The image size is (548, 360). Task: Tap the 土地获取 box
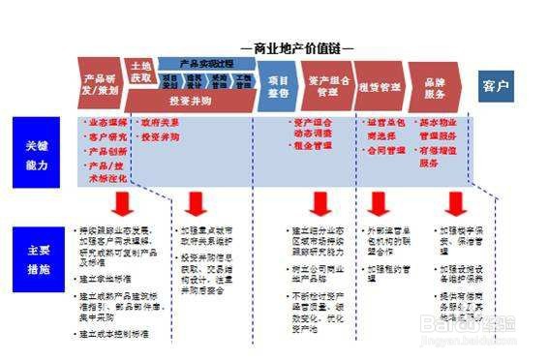pos(140,70)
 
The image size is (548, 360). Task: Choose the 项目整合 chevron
pos(279,85)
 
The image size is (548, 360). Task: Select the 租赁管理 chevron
pos(378,86)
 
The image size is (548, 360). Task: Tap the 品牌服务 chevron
pos(435,86)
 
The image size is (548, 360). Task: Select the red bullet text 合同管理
pos(387,152)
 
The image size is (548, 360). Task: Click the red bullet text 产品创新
pos(106,151)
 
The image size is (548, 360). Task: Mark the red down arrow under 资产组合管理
pos(320,204)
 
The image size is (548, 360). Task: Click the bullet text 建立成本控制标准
pos(113,334)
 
